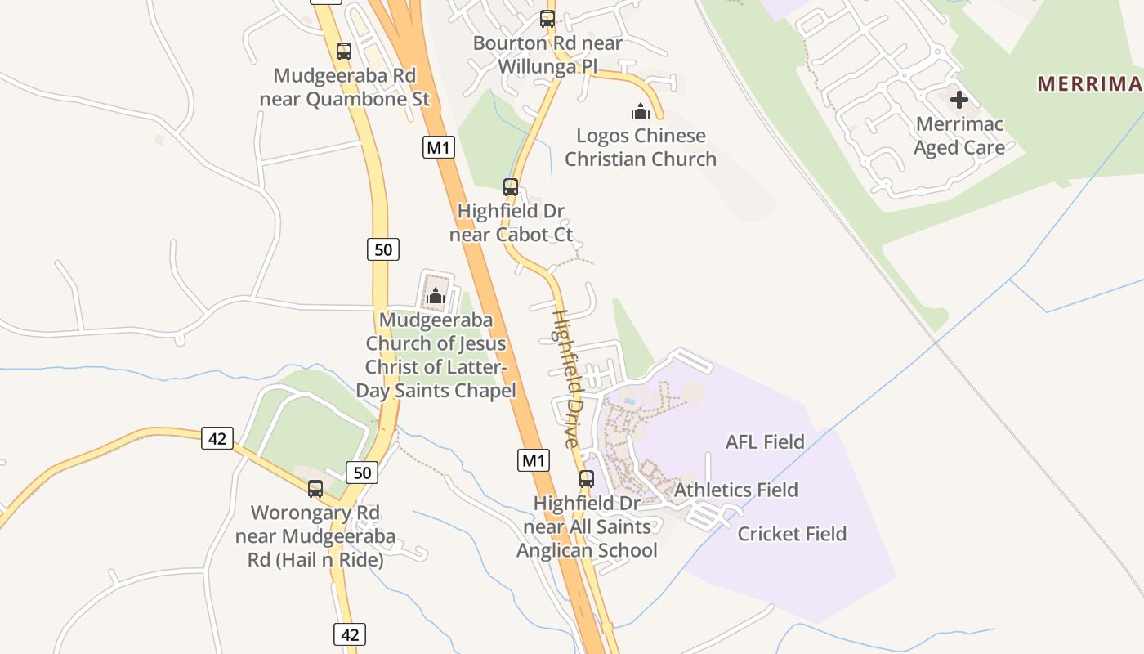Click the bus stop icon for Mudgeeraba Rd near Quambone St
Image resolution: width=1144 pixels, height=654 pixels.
pos(344,52)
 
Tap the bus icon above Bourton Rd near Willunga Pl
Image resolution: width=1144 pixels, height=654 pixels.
pos(547,18)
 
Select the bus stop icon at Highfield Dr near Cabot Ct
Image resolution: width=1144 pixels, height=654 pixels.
pos(511,187)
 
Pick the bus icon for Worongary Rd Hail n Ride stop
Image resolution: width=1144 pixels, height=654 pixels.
pos(315,489)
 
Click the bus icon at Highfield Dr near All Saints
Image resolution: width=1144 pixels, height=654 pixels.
pos(587,479)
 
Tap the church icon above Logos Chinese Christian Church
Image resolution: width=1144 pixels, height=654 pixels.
pos(641,110)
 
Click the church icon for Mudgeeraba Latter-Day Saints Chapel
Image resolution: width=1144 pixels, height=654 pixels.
pos(436,295)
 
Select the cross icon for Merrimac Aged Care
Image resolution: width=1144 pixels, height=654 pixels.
pos(959,100)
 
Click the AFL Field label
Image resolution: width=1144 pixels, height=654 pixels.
pos(765,442)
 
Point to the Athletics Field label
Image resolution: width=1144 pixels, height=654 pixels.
pos(735,490)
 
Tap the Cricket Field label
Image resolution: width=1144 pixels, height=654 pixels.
pos(792,534)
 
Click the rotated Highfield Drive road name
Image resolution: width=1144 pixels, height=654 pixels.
pos(566,378)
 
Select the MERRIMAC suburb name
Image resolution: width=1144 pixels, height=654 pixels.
pos(1090,83)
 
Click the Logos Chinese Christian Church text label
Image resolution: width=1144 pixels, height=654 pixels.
pos(641,147)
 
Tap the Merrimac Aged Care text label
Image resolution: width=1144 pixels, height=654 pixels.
pos(959,136)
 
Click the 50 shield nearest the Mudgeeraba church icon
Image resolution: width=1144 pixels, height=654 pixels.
pos(383,249)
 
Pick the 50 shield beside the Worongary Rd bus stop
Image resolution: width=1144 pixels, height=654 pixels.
pos(362,472)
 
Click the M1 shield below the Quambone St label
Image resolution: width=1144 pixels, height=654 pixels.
pos(439,148)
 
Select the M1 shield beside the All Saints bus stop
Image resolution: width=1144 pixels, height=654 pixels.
pos(534,460)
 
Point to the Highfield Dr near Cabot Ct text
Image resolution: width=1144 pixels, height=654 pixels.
pos(511,223)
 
